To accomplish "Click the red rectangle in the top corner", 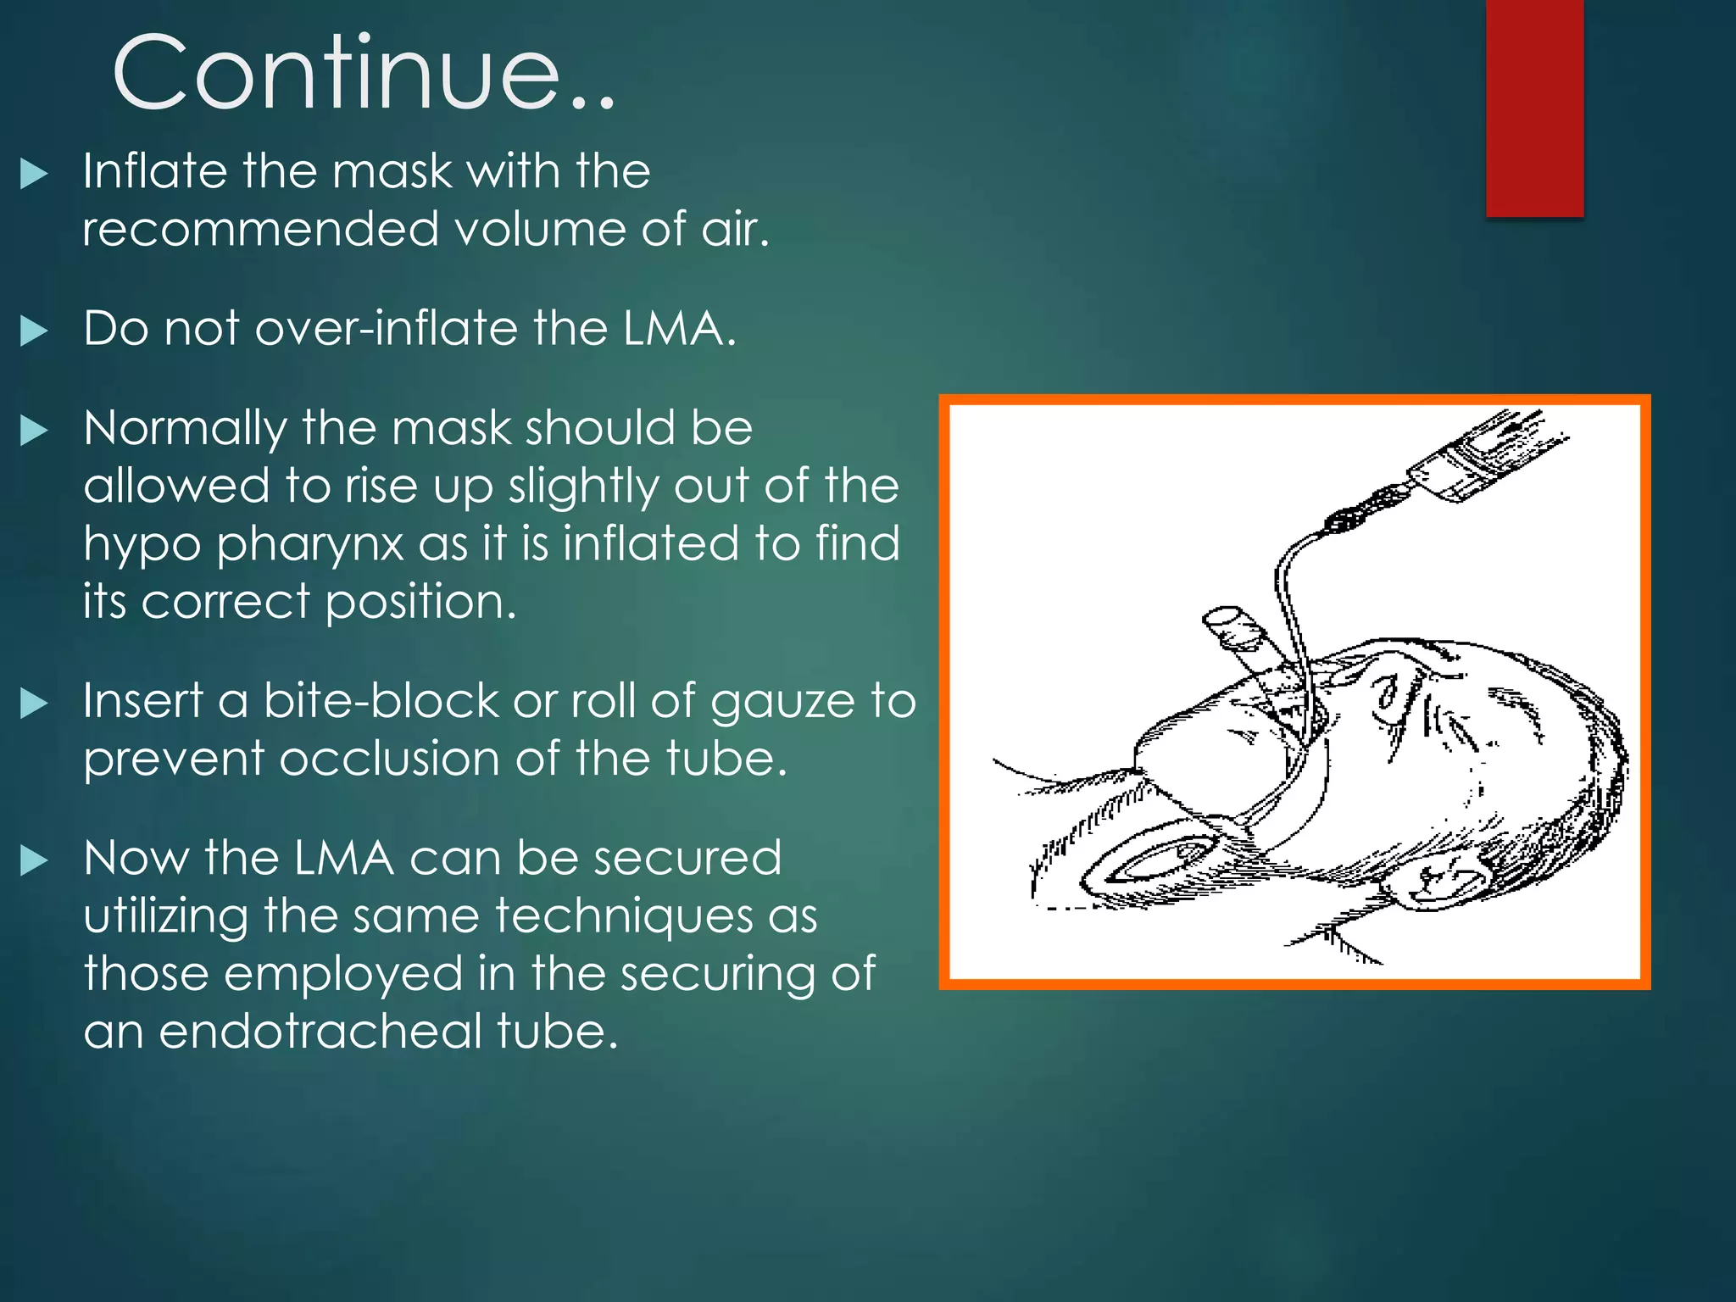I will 1534,108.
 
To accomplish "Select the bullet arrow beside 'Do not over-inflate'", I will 34,331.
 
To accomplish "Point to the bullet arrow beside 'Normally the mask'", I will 34,430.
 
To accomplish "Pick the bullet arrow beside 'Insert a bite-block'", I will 34,703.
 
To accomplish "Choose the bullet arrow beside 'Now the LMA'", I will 34,860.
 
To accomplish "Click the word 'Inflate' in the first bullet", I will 154,171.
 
